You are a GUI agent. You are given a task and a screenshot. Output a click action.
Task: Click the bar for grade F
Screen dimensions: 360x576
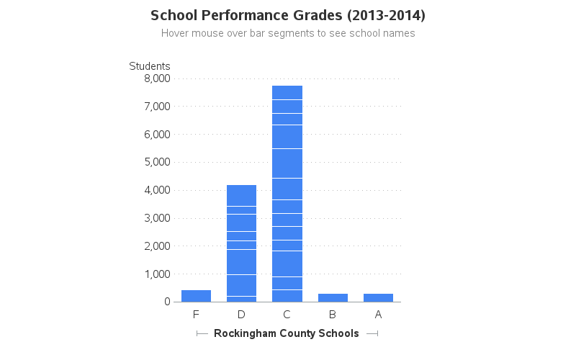coord(196,296)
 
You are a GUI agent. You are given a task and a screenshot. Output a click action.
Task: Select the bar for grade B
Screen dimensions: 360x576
coord(333,297)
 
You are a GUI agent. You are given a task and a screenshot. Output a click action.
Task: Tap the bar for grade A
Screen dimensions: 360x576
coord(378,297)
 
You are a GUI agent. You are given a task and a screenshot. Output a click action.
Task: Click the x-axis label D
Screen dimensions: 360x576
coord(241,315)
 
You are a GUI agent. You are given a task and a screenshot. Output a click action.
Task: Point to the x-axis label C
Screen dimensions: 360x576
coord(287,315)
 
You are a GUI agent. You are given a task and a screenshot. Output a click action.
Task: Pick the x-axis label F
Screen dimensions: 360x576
coord(196,315)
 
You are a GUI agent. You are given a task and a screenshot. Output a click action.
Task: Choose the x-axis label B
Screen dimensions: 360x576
coord(333,315)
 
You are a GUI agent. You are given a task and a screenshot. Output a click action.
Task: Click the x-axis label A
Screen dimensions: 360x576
coord(378,315)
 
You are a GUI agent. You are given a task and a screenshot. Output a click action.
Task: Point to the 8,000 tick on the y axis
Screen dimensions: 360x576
coord(157,78)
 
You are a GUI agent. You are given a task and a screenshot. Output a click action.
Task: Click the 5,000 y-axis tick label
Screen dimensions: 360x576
coord(157,162)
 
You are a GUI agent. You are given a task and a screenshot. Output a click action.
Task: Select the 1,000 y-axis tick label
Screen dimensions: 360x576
coord(157,274)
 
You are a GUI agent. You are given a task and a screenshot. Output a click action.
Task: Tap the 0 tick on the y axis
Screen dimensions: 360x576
coord(166,302)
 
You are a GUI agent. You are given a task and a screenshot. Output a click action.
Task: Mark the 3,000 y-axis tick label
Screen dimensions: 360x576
coord(157,218)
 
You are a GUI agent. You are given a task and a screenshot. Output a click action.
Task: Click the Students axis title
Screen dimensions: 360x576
coord(150,66)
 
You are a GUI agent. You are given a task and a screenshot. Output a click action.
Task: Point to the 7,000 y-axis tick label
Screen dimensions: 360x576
coord(157,107)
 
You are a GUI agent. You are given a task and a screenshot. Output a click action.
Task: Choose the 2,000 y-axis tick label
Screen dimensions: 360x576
coord(157,246)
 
